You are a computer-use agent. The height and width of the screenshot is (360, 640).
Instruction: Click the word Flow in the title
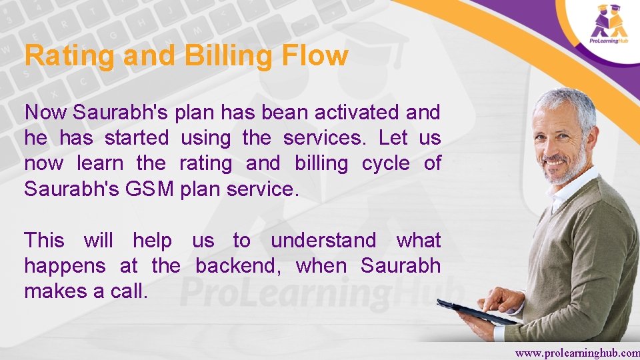click(x=315, y=55)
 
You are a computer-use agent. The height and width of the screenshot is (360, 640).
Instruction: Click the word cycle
click(x=386, y=163)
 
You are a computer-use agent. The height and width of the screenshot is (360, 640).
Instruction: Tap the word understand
click(x=323, y=240)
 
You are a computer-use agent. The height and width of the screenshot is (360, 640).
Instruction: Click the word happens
click(x=65, y=266)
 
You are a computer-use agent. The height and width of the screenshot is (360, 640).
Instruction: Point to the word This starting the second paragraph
click(x=44, y=240)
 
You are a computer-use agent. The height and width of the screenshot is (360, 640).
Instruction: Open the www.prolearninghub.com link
click(x=577, y=351)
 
